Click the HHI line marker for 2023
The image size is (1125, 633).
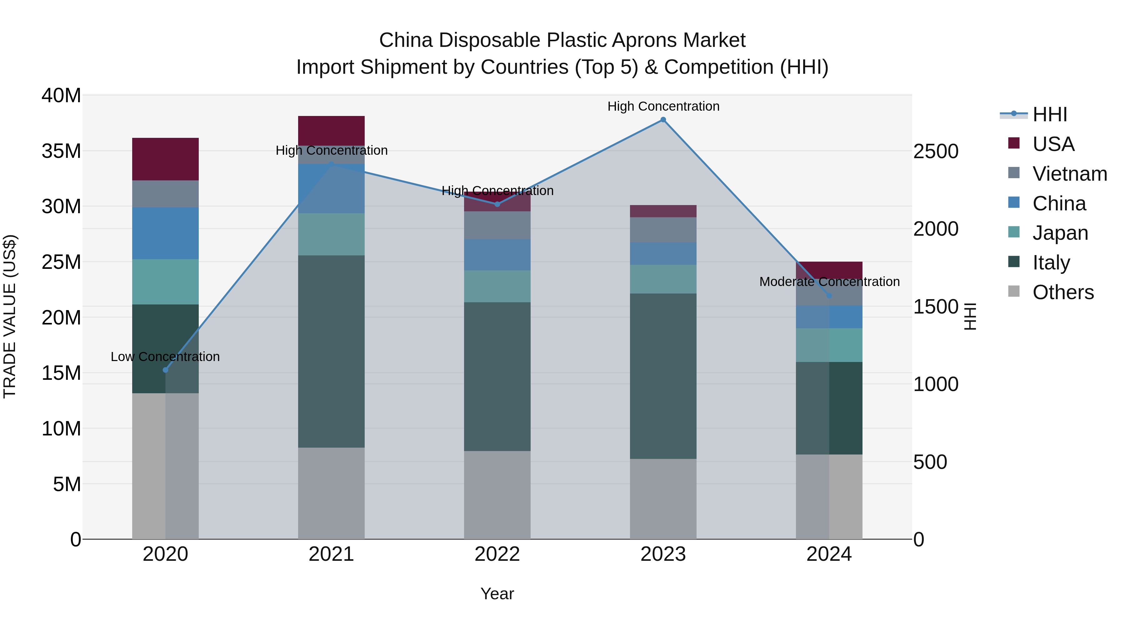[x=663, y=120]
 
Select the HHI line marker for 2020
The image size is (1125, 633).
[x=166, y=370]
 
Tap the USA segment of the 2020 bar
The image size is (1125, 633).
[x=166, y=159]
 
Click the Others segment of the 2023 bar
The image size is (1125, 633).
[x=663, y=499]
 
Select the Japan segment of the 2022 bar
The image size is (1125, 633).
[x=497, y=286]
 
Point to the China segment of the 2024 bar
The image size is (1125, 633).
[x=829, y=317]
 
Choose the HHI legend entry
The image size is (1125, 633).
[x=1049, y=114]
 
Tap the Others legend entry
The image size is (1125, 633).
[x=1062, y=292]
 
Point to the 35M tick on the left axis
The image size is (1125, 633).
[x=61, y=151]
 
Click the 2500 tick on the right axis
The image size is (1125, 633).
[x=935, y=152]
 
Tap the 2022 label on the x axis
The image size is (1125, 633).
[x=497, y=554]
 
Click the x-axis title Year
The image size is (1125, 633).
[x=497, y=594]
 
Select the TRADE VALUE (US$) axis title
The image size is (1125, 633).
[x=10, y=316]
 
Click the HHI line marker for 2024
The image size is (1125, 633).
[x=829, y=296]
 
